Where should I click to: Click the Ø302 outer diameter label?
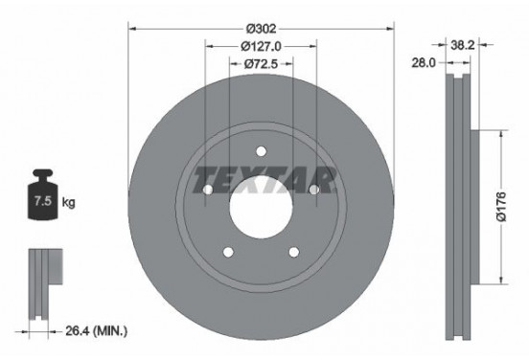coord(263,18)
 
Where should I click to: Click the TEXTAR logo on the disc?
coord(263,179)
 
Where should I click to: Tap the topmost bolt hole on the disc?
coord(262,149)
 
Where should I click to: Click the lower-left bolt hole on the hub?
coord(228,252)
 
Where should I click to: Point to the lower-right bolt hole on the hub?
coord(295,252)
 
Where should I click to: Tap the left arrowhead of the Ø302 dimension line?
coord(132,28)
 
